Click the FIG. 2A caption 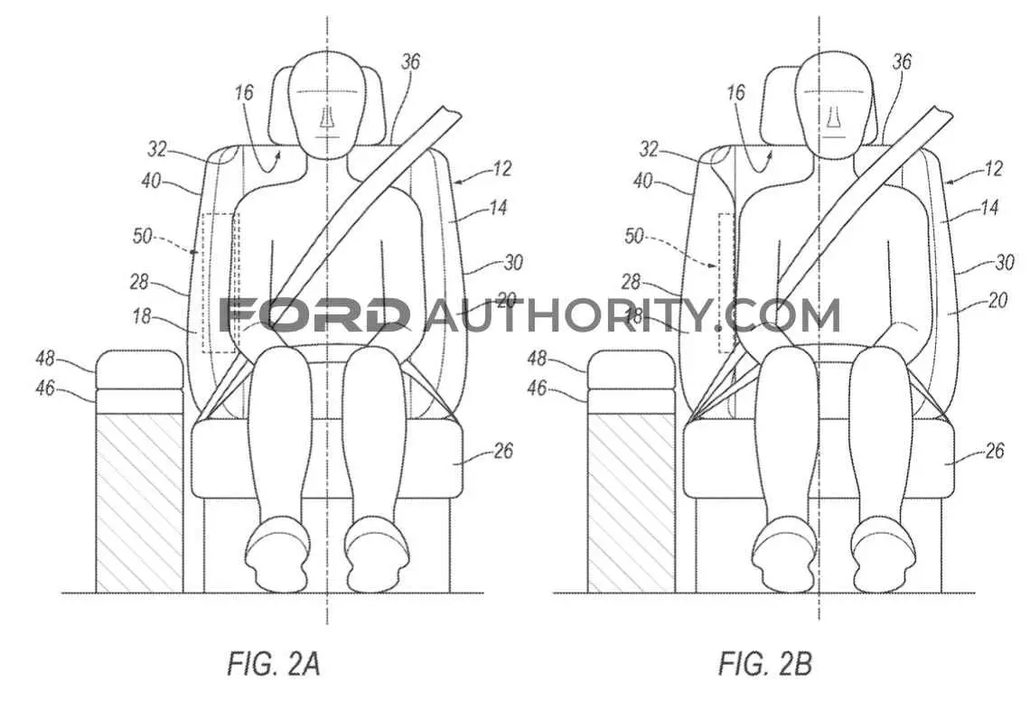pos(273,663)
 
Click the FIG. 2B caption pos(765,663)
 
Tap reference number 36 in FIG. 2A pos(410,61)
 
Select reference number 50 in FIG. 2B pos(634,236)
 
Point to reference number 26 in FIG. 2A pos(502,452)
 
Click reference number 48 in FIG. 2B pos(537,359)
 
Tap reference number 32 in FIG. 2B pos(649,150)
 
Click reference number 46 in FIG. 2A pos(45,388)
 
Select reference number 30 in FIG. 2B pos(1005,263)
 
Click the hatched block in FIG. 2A pos(139,502)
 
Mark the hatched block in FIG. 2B pos(631,502)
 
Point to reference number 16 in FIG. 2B pos(735,93)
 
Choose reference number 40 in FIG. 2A pos(151,180)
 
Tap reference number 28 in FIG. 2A pos(139,283)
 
